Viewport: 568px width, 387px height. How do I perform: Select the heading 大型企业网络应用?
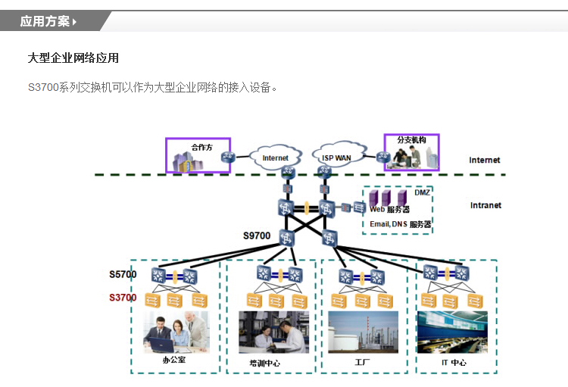tap(73, 58)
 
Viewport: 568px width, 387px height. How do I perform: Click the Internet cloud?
tap(275, 158)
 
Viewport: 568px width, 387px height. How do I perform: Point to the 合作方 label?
tap(202, 147)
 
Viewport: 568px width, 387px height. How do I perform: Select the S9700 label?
tap(257, 236)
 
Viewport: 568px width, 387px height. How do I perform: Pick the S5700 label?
tap(123, 273)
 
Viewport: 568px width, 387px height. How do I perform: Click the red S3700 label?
tap(123, 298)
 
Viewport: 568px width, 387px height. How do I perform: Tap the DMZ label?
tap(422, 193)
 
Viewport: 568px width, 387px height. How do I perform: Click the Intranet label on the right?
tap(485, 205)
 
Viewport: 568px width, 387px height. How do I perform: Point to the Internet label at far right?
tap(485, 160)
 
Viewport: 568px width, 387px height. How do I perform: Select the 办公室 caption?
tap(174, 360)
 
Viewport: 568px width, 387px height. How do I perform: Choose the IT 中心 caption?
tap(454, 363)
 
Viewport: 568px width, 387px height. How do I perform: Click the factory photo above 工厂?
tap(363, 332)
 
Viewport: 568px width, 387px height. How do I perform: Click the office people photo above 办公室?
tap(176, 332)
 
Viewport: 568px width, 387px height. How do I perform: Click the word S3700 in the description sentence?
tap(43, 87)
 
